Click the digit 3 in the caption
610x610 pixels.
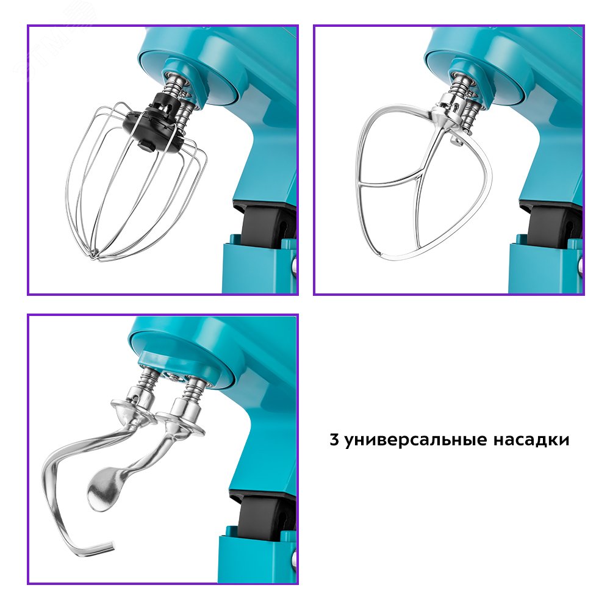(x=334, y=440)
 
